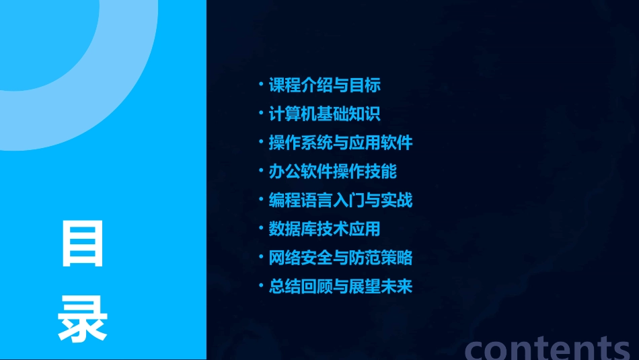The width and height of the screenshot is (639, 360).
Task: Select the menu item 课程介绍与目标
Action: (x=325, y=85)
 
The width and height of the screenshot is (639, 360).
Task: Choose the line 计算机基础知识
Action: (x=325, y=114)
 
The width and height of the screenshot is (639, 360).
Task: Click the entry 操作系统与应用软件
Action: (x=340, y=143)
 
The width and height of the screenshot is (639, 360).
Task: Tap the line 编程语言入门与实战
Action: (x=340, y=200)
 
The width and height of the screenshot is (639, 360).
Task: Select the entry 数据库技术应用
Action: (x=325, y=229)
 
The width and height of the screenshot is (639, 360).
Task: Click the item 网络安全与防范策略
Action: (x=340, y=258)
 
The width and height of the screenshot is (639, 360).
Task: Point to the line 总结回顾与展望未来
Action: (x=340, y=287)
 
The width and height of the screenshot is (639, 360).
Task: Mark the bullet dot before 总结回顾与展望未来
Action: (x=262, y=285)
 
